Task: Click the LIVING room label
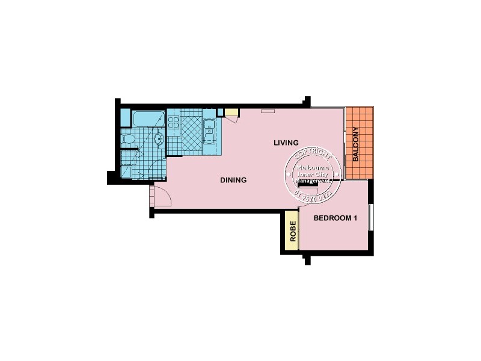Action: [286, 143]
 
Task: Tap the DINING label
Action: [233, 179]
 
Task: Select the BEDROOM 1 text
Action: [335, 218]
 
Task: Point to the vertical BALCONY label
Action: [356, 144]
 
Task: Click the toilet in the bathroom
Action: [127, 140]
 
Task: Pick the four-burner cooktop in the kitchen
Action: [174, 123]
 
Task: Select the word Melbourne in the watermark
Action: [311, 167]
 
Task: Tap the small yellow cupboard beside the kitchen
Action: [231, 113]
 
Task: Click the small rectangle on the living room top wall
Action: [268, 110]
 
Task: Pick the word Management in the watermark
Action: [311, 180]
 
